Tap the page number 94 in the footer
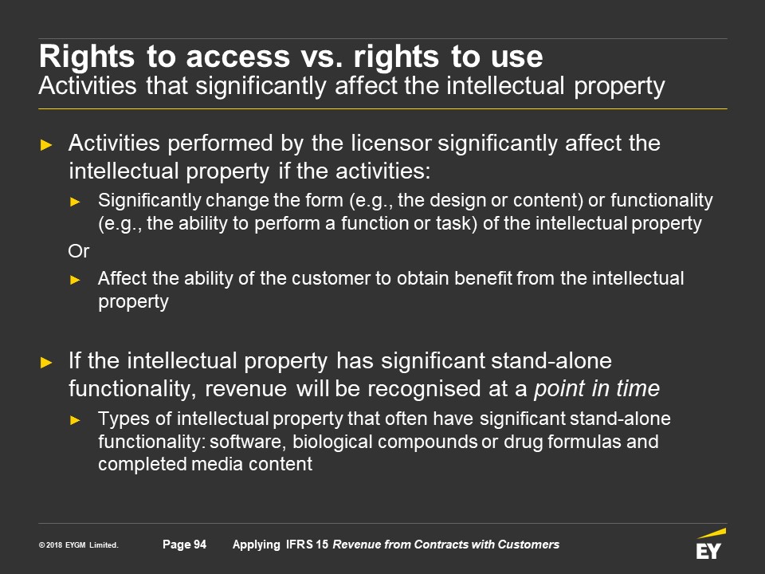click(x=200, y=545)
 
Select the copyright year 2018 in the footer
click(x=53, y=545)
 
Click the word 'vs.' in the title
click(x=321, y=57)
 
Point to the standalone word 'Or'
click(x=79, y=251)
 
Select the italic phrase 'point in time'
click(x=597, y=388)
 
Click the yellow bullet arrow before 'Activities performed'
click(x=46, y=145)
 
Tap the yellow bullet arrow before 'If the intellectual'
click(x=46, y=362)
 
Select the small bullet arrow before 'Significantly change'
click(x=75, y=202)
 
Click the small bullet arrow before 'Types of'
click(x=75, y=420)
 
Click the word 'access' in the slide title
click(x=238, y=57)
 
